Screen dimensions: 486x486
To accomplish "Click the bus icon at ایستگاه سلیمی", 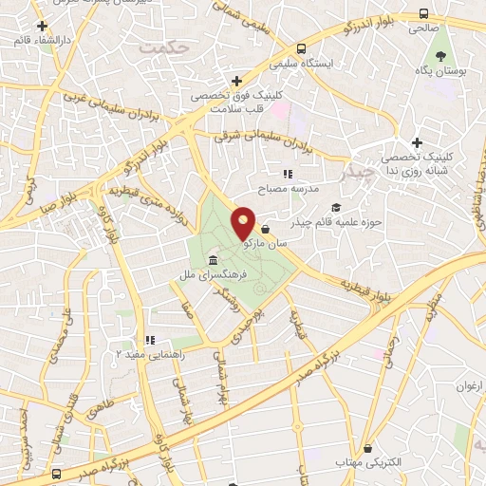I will [x=301, y=48].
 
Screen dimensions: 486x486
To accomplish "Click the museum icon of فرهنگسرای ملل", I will [x=212, y=260].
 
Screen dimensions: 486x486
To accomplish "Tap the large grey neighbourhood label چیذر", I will [x=356, y=174].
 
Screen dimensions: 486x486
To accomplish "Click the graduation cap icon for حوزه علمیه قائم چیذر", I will [x=334, y=207].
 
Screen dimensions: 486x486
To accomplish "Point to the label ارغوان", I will [x=469, y=385].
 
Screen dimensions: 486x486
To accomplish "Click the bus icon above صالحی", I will [x=421, y=13].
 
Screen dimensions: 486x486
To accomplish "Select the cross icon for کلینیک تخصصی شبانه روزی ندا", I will [x=417, y=142].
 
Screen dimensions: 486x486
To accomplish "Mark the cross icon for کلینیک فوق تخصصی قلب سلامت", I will [x=237, y=82].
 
